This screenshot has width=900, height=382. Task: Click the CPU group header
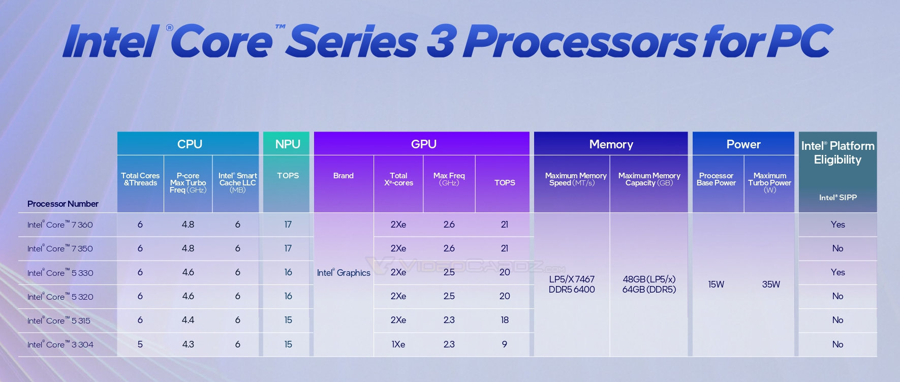(189, 144)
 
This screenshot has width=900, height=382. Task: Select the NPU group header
(288, 144)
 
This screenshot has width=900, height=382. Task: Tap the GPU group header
(423, 144)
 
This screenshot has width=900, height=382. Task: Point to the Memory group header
(611, 145)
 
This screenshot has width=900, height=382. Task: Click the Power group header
(743, 144)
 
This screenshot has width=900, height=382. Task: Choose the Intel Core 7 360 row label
(60, 225)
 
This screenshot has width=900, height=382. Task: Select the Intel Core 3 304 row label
(60, 344)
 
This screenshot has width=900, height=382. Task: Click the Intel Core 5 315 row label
(58, 321)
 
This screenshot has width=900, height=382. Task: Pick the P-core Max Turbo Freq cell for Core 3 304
(188, 344)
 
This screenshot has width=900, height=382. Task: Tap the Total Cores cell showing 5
(140, 344)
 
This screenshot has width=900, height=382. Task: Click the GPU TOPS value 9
(504, 344)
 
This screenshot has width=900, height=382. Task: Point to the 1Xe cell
(398, 344)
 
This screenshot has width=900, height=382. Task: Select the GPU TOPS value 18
(504, 320)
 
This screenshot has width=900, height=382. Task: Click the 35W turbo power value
(770, 284)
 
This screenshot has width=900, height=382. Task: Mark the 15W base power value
(716, 284)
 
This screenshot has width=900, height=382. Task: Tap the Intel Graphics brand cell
(344, 273)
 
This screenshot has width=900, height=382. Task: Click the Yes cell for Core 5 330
(837, 272)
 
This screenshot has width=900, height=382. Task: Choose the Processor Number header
(63, 204)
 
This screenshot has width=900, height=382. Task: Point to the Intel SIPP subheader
(837, 198)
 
